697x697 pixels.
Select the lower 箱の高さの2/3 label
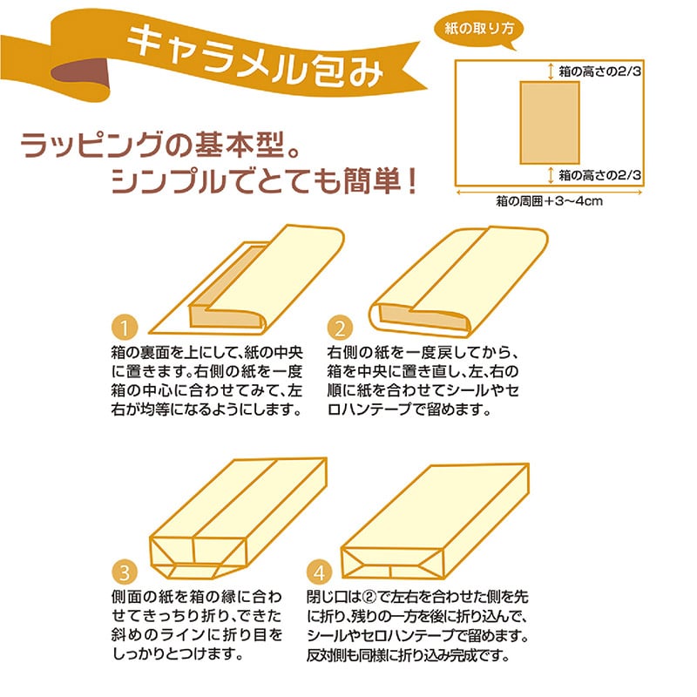point(599,174)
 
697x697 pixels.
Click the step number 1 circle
point(125,328)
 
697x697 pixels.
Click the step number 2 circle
point(340,328)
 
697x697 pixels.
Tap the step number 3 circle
point(125,572)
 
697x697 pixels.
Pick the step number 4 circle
point(320,572)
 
